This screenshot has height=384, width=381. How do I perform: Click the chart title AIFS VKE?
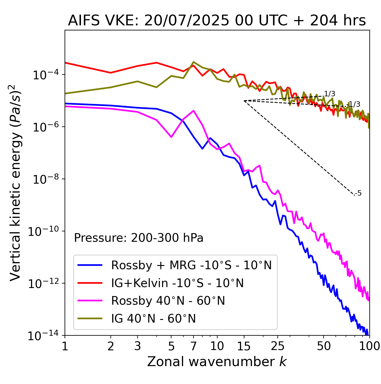[x=217, y=21]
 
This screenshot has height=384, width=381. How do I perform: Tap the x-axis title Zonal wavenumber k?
[x=217, y=361]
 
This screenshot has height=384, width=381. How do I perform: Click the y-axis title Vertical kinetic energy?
[x=15, y=182]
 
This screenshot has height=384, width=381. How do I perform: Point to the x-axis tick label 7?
[x=193, y=346]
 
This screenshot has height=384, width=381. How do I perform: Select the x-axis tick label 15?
[x=244, y=346]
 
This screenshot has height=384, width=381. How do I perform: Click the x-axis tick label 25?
[x=278, y=346]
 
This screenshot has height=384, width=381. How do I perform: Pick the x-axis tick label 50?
[x=324, y=346]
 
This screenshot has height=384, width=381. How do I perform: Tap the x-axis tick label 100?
[x=369, y=346]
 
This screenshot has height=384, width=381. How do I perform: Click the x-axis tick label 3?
[x=138, y=346]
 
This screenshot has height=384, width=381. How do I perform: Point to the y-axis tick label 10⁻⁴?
[x=45, y=75]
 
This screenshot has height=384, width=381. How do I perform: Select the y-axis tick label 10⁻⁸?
[x=45, y=179]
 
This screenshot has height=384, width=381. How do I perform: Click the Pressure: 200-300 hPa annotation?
[x=139, y=238]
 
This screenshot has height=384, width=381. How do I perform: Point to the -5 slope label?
[x=358, y=193]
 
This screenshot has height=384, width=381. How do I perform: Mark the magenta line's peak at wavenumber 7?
[x=193, y=111]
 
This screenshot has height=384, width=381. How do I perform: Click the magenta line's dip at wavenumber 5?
[x=171, y=137]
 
